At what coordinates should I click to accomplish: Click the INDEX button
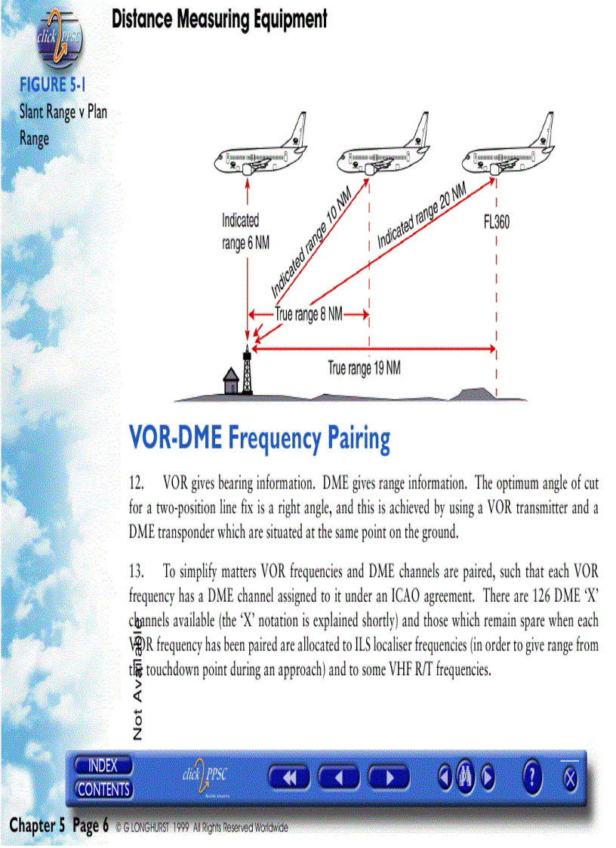click(x=103, y=766)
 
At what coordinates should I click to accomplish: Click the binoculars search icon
click(x=465, y=776)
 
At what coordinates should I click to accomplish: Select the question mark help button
click(x=532, y=776)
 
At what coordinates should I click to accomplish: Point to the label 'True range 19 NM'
click(x=364, y=368)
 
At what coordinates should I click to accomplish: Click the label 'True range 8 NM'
click(x=308, y=314)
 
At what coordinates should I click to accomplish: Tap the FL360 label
click(x=496, y=223)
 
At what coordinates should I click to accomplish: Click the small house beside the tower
click(x=230, y=381)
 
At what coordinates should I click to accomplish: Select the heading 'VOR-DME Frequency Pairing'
click(x=260, y=439)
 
